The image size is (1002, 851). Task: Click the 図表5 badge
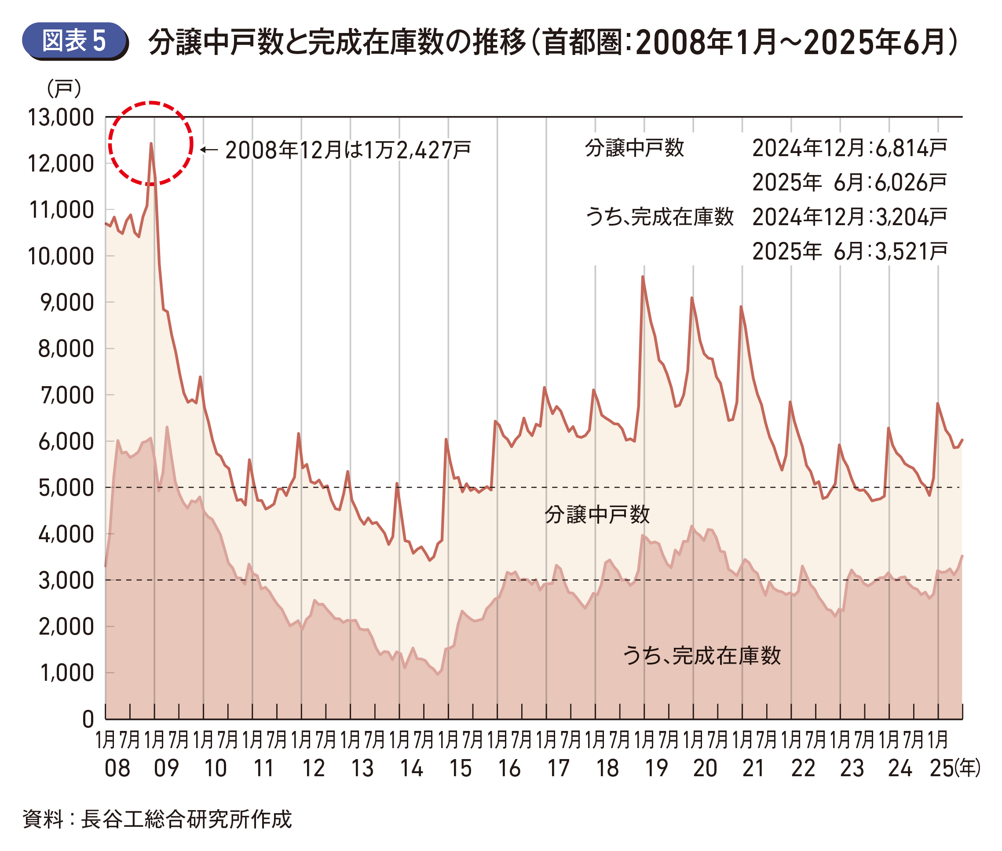click(x=74, y=40)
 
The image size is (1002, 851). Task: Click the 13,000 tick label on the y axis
click(x=61, y=117)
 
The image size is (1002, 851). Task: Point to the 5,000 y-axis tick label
click(x=66, y=488)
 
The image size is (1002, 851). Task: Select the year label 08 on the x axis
click(x=117, y=767)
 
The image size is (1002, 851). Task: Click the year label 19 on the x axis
click(x=656, y=767)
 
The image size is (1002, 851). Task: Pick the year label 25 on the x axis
click(x=942, y=767)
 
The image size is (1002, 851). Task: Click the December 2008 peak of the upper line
click(x=151, y=144)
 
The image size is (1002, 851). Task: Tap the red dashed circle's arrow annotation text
click(x=347, y=150)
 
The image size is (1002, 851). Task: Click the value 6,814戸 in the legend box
click(x=911, y=148)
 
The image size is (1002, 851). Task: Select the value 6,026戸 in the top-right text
click(x=911, y=183)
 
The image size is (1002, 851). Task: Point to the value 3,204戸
click(x=911, y=217)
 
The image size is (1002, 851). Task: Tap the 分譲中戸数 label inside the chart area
click(x=597, y=515)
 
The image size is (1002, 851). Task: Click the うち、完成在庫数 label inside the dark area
click(x=702, y=655)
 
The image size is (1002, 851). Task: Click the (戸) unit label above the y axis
click(x=64, y=89)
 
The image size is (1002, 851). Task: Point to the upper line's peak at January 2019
click(x=643, y=277)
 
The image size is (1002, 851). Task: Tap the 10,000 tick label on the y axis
click(x=61, y=256)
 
